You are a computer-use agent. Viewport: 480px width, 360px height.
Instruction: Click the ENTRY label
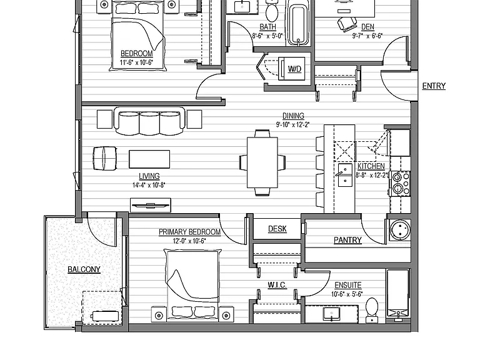click(x=434, y=86)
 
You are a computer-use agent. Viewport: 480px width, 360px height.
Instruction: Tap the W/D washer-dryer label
click(x=294, y=69)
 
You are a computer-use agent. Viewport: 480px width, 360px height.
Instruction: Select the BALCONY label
click(x=84, y=269)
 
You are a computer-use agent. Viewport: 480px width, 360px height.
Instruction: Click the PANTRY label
click(x=347, y=240)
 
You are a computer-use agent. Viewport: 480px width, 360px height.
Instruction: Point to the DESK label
click(x=277, y=229)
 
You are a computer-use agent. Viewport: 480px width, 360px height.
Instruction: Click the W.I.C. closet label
click(x=277, y=285)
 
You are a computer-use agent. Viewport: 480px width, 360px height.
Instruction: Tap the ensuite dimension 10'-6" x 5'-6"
click(x=347, y=294)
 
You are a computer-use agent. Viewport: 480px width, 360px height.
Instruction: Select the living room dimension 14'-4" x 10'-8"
click(x=149, y=185)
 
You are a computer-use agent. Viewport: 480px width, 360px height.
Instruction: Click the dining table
click(x=262, y=162)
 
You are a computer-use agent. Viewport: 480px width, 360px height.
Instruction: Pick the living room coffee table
click(x=149, y=159)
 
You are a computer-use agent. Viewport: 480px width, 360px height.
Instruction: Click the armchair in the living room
click(x=105, y=158)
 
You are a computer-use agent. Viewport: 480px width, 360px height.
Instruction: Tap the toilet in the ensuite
click(x=372, y=310)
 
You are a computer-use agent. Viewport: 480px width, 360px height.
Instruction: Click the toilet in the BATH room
click(x=271, y=10)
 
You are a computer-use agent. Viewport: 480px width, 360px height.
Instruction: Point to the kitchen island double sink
click(x=345, y=175)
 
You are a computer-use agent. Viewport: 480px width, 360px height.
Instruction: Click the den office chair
click(x=347, y=24)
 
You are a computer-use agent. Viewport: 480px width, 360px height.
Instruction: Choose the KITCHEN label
click(x=371, y=166)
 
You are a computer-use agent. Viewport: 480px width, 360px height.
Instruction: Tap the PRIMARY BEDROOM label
click(x=189, y=232)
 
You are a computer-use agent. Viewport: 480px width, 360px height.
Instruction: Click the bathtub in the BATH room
click(x=299, y=23)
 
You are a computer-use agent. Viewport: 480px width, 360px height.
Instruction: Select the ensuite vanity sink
click(x=331, y=314)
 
